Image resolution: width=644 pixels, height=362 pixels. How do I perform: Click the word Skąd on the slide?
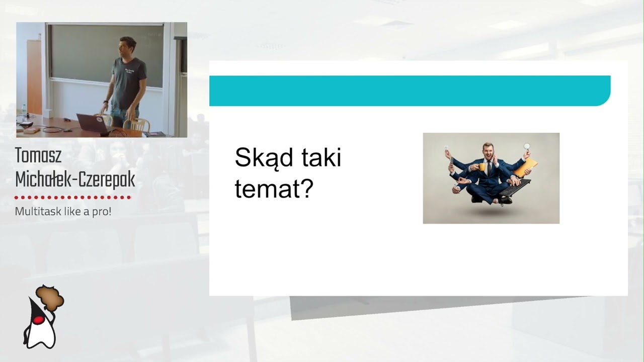264,158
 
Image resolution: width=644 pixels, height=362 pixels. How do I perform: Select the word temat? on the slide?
274,189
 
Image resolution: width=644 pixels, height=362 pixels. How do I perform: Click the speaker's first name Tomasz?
38,156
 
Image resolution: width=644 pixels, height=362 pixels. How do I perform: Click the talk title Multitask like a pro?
63,211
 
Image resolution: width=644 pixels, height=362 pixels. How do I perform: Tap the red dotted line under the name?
73,198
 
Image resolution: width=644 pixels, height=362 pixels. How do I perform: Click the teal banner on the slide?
410,90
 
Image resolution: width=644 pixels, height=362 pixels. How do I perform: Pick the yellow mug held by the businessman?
482,166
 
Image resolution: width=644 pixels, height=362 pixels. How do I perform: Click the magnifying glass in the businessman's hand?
527,147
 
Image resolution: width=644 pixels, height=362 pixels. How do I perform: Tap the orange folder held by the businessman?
526,166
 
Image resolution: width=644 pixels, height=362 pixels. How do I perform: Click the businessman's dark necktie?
488,167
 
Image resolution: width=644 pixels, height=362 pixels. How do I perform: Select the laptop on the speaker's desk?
93,123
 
